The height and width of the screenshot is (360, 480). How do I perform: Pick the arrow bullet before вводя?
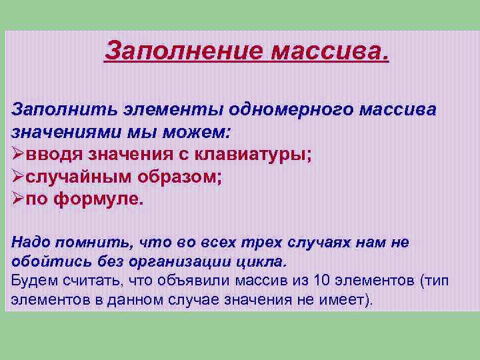[19, 155]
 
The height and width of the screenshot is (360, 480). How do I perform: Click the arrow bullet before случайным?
[19, 177]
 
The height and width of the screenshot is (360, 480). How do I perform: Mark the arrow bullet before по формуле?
[19, 200]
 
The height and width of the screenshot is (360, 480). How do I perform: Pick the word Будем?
[33, 279]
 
